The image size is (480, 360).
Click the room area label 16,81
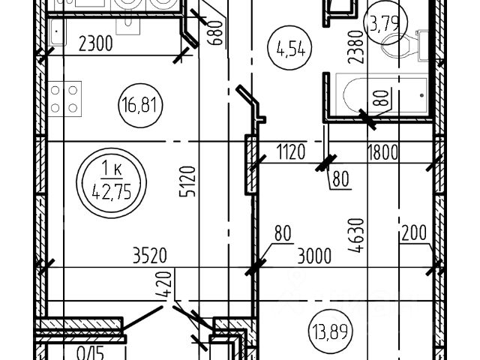141,103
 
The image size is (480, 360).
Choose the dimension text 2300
95,44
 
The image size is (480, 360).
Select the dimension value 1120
290,153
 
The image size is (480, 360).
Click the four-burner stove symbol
64,99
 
